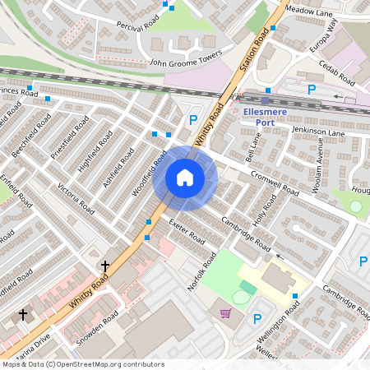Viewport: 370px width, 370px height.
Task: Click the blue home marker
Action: tap(185, 178)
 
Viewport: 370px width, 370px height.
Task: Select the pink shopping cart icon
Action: tap(225, 312)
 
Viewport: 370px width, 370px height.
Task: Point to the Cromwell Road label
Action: tap(275, 178)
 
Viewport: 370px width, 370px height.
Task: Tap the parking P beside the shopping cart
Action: tap(257, 319)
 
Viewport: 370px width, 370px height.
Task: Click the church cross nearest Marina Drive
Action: tap(23, 314)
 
